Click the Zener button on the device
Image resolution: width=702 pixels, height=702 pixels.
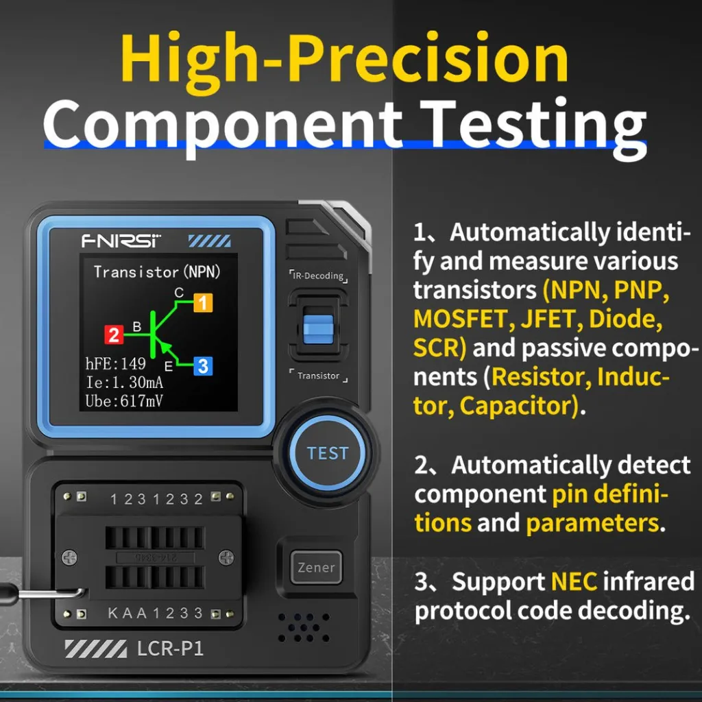click(316, 568)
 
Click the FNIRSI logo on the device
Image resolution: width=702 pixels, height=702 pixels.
click(121, 241)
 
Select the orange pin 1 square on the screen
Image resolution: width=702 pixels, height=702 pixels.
click(204, 302)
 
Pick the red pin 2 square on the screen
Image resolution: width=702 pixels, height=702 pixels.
click(114, 335)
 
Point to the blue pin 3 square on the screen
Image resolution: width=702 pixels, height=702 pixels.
click(202, 366)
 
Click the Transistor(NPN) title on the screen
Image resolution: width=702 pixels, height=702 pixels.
click(158, 271)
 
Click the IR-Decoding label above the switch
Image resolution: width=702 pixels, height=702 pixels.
click(317, 276)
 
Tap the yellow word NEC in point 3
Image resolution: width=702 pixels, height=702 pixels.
click(574, 582)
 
